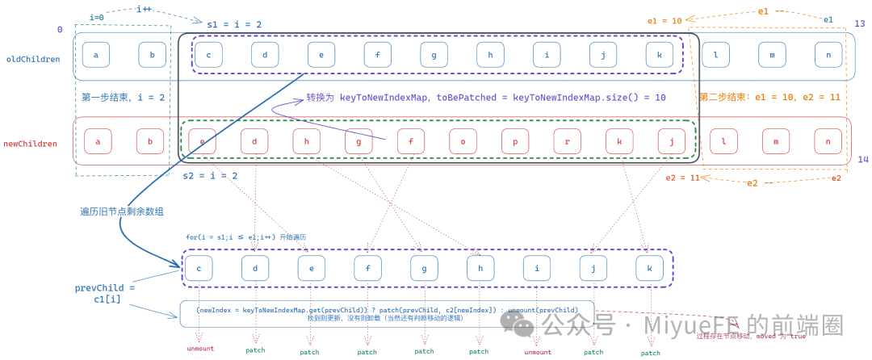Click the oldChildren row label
33,58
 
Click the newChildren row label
31,144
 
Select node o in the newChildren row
463,141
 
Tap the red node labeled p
514,141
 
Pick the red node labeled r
567,141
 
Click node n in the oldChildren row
827,55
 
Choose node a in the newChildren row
98,141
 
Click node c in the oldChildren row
208,55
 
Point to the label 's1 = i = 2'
234,25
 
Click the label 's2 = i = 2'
210,175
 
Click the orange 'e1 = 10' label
664,21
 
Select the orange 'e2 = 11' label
682,178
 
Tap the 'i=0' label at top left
97,17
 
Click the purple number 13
859,23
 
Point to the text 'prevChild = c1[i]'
105,293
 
